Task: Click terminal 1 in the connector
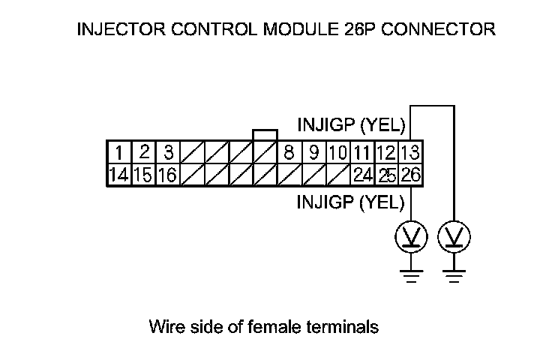(118, 153)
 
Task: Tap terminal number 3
(169, 153)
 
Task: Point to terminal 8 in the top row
(289, 153)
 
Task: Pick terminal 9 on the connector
(313, 153)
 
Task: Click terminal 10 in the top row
(337, 153)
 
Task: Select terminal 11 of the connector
(363, 153)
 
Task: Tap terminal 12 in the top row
(387, 153)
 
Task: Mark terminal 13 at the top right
(410, 153)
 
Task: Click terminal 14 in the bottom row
(118, 175)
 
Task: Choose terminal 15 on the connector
(143, 175)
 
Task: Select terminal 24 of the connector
(363, 175)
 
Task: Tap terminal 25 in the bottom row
(387, 175)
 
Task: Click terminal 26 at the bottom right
(410, 175)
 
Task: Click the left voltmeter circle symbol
(411, 238)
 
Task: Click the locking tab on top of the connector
(265, 134)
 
